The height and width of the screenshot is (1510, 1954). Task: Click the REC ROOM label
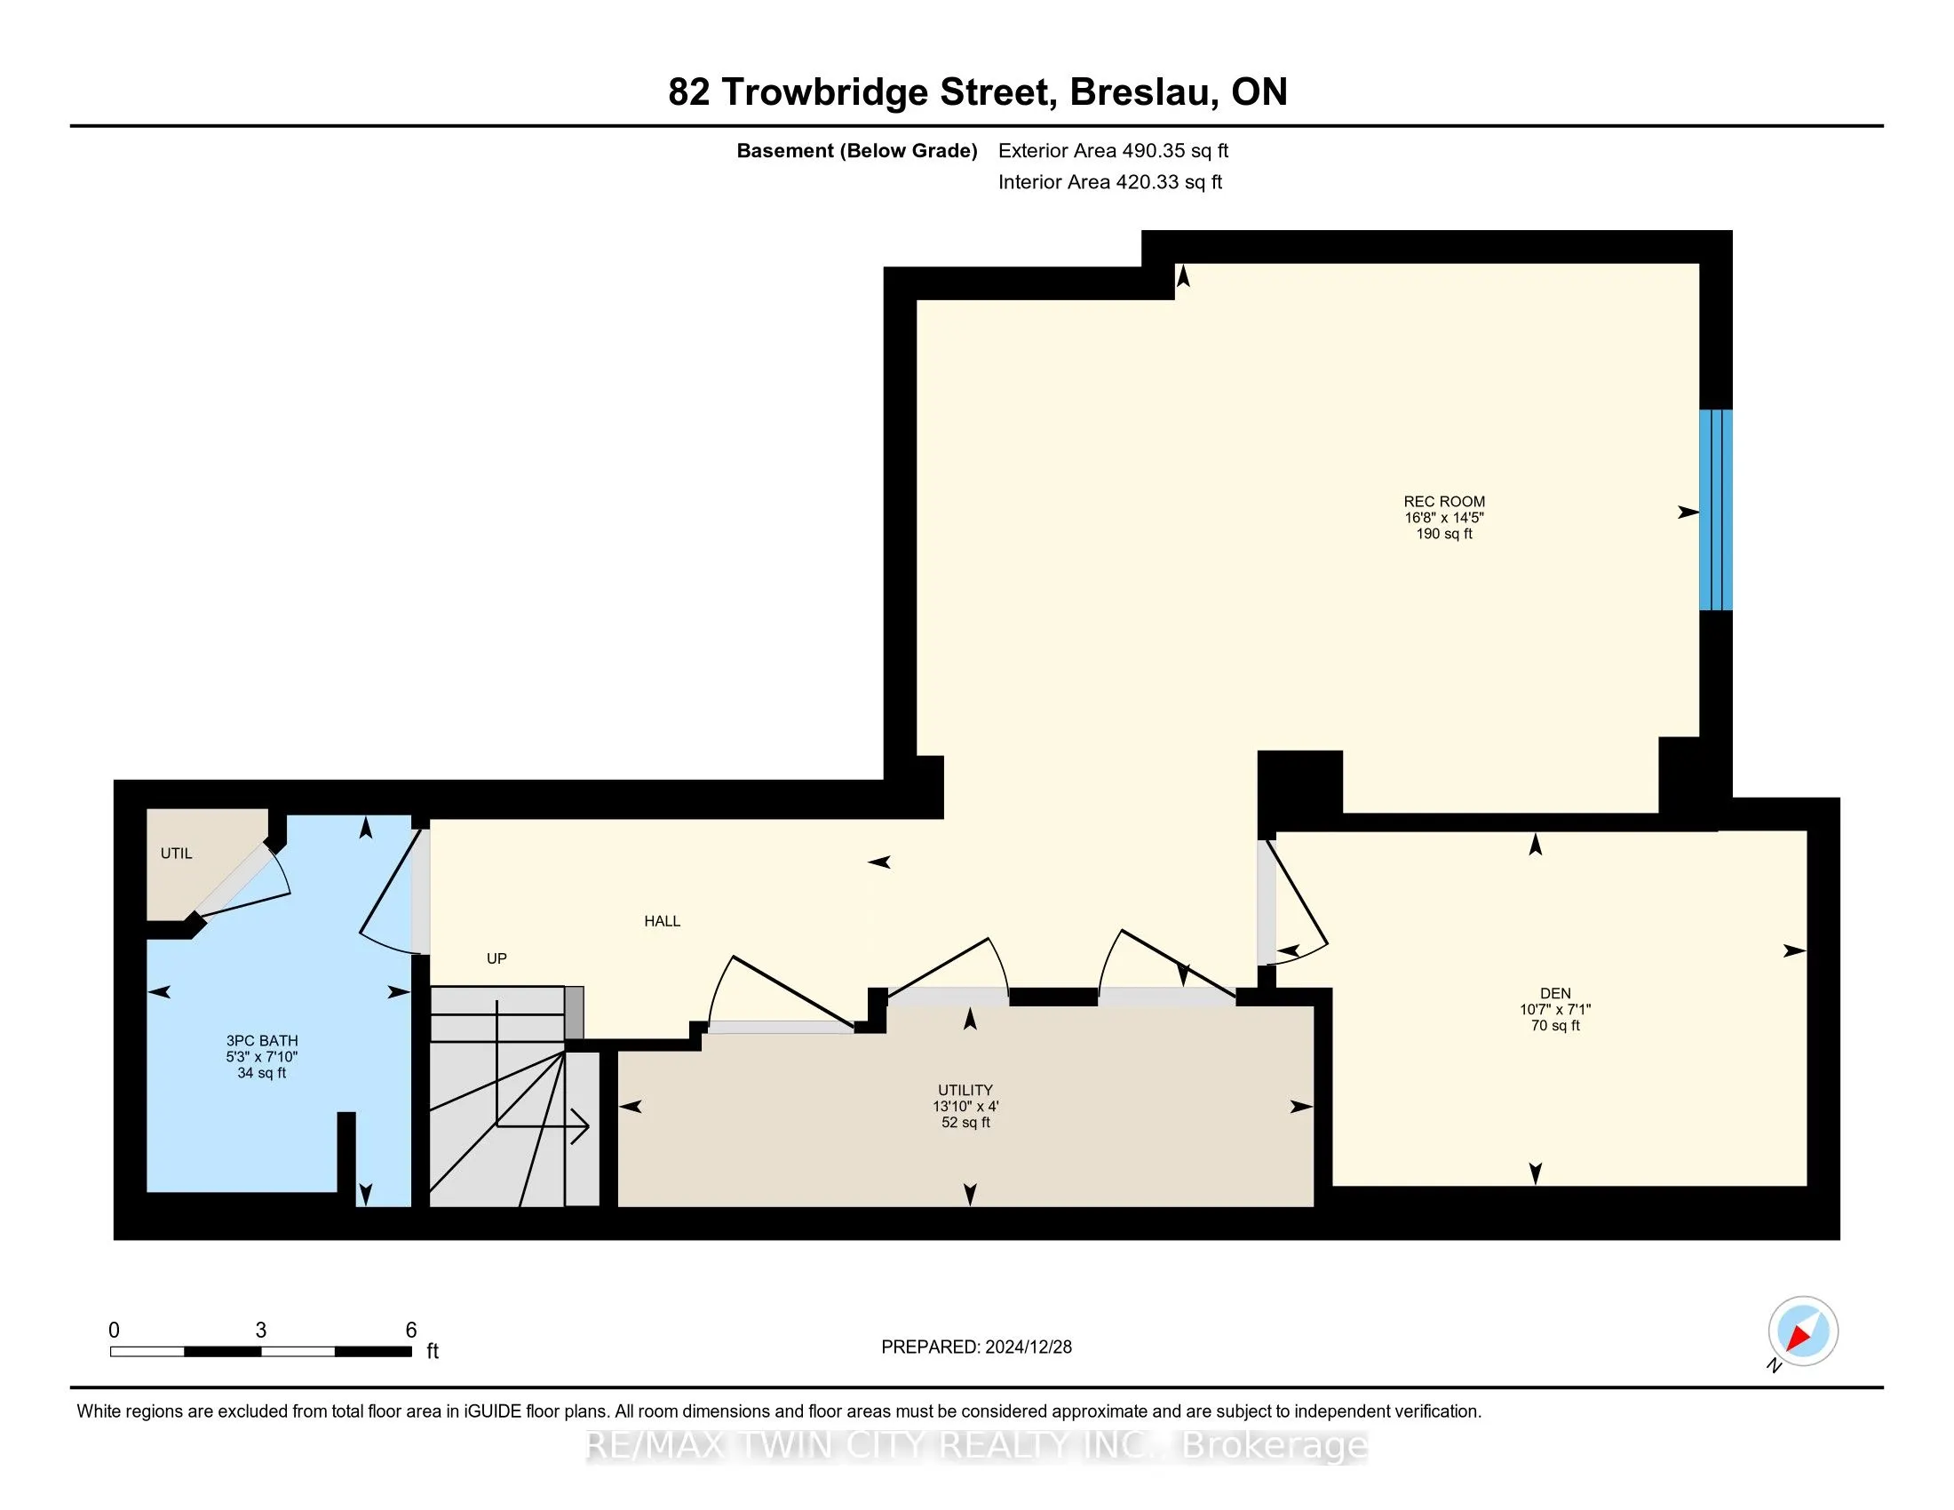1443,502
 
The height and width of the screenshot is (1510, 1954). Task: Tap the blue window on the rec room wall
1715,510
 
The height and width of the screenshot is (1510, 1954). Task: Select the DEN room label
1555,993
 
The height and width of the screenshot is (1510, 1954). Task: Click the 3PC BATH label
261,1040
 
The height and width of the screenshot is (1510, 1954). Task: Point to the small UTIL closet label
176,854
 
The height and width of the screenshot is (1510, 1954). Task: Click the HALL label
662,921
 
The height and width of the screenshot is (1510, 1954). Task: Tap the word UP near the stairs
496,959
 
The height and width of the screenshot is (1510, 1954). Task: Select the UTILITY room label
965,1090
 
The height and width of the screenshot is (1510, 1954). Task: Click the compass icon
1803,1331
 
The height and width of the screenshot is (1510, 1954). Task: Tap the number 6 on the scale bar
410,1331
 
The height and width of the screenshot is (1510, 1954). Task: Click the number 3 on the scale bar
260,1331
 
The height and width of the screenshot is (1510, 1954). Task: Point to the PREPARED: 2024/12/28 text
976,1347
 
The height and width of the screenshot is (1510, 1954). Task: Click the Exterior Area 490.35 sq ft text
1113,151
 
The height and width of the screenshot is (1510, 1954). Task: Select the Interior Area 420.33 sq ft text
1109,182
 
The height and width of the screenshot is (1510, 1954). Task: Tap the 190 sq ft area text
1443,534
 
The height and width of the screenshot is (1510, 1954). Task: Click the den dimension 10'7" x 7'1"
1555,1009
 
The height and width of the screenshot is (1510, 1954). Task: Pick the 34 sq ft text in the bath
261,1073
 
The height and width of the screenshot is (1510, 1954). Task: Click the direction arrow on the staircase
577,1127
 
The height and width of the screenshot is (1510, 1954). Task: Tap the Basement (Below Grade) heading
856,151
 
